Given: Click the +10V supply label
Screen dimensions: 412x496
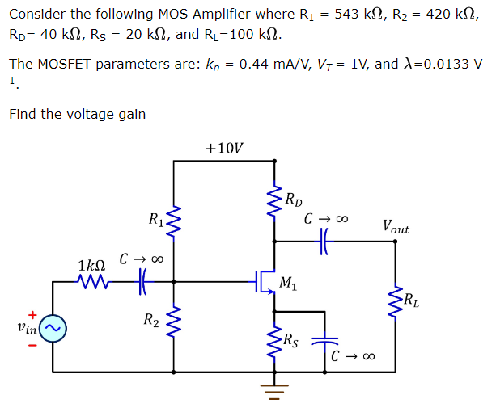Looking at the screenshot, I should click(224, 148).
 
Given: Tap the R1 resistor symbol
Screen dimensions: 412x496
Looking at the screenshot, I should click(174, 221).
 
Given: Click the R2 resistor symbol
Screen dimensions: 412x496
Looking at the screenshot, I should click(174, 321).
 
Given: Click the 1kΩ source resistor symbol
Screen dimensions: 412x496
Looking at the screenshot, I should click(91, 282).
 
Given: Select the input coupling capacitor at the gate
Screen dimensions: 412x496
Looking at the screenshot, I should click(142, 282).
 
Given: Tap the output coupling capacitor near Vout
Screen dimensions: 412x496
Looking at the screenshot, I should click(325, 240).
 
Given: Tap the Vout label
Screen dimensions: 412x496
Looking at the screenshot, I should click(396, 228).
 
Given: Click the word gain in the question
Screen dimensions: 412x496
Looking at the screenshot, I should click(132, 114).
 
